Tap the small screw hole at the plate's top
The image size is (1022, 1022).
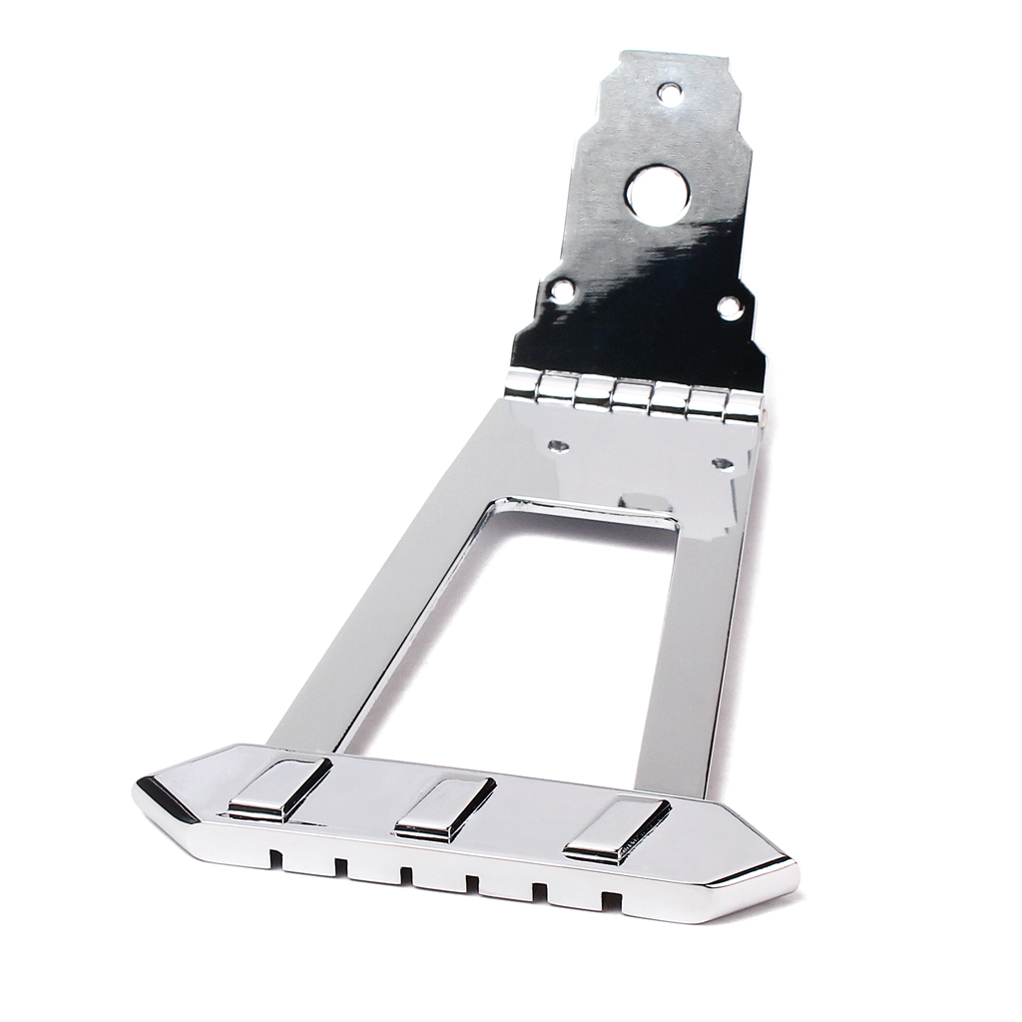(672, 93)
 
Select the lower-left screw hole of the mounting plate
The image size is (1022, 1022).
(563, 289)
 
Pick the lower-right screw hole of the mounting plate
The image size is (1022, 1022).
(731, 305)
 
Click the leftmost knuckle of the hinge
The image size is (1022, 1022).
(522, 384)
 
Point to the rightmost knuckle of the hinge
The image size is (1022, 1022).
(743, 404)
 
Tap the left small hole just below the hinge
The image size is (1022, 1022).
(560, 445)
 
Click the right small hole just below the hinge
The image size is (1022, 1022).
(722, 463)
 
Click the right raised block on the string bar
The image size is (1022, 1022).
(616, 827)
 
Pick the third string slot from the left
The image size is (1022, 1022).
(405, 875)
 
